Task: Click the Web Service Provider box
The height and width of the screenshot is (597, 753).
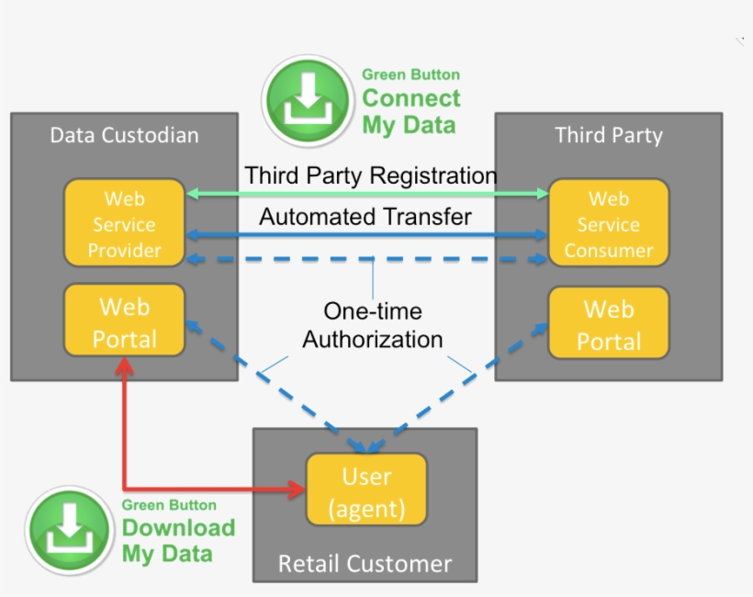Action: point(124,224)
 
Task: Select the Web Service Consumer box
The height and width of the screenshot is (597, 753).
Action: point(608,224)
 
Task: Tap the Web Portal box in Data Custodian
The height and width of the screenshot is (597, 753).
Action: point(124,321)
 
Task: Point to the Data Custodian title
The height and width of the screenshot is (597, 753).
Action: point(124,136)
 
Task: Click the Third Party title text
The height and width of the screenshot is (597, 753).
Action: point(608,136)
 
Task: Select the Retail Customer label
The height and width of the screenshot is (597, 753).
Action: point(365,563)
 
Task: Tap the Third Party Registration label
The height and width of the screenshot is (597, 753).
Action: point(370,175)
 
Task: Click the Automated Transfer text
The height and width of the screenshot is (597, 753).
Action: point(365,217)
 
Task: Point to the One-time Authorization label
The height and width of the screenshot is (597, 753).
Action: point(373,325)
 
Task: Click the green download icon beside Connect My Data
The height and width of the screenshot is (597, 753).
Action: point(308,100)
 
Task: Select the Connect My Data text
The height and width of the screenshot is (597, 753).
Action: point(410,110)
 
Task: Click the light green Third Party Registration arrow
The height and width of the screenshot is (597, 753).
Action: point(367,194)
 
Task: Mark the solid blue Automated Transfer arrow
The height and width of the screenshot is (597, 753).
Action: point(367,236)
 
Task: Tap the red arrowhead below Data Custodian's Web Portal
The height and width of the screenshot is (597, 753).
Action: point(124,366)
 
